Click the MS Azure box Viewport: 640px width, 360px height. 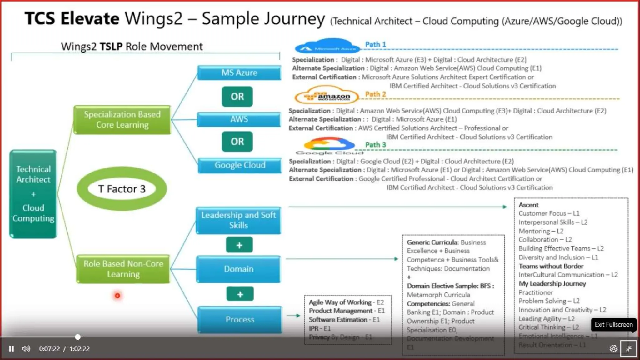click(x=239, y=73)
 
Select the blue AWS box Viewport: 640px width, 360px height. click(x=239, y=119)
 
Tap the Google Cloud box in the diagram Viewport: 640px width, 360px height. click(x=240, y=165)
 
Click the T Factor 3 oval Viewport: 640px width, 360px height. click(x=122, y=189)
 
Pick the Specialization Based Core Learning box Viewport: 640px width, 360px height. click(x=122, y=120)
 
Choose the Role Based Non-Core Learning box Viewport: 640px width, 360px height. click(x=123, y=269)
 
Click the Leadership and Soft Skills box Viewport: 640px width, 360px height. click(x=238, y=220)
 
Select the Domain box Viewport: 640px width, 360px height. click(x=238, y=269)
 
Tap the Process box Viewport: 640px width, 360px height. click(x=240, y=319)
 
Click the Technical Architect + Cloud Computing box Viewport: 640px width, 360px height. click(x=33, y=194)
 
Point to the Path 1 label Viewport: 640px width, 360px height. click(x=376, y=45)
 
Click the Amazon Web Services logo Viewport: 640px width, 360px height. click(x=327, y=97)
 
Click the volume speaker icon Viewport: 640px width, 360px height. click(x=26, y=349)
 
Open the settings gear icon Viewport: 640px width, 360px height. click(x=613, y=349)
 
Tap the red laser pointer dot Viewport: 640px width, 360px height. click(x=117, y=296)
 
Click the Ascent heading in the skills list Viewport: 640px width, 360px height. click(x=528, y=205)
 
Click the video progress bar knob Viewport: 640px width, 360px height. click(x=78, y=337)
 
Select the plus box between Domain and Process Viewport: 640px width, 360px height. click(x=240, y=294)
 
